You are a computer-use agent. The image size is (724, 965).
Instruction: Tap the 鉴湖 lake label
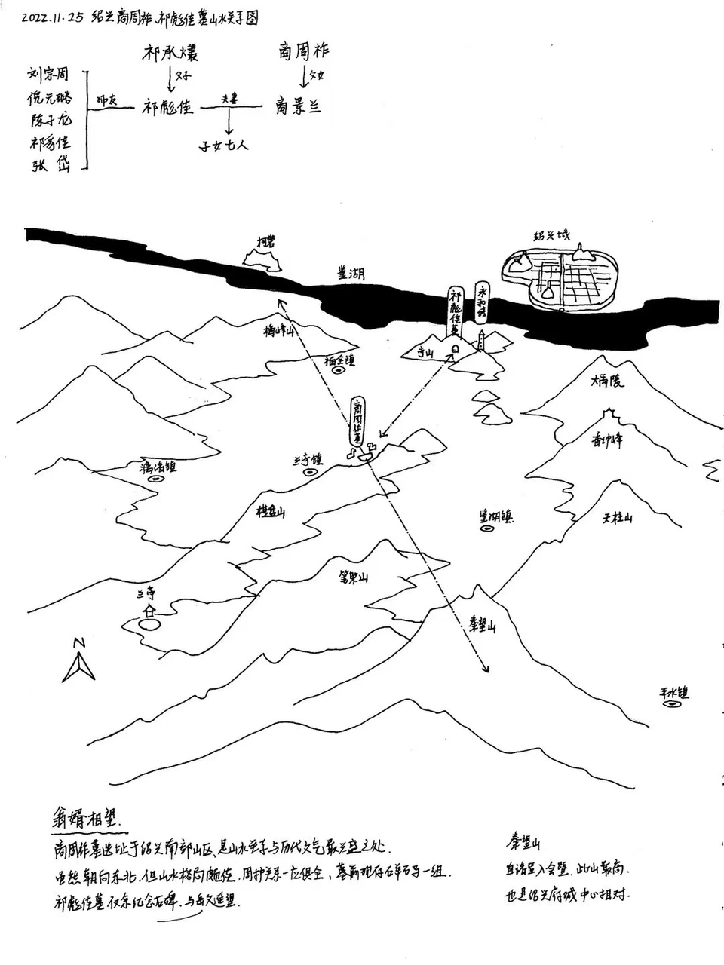click(x=351, y=274)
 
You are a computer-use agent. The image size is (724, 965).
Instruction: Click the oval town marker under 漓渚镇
click(x=157, y=478)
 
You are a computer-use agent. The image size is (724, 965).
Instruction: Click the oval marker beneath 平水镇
click(x=673, y=704)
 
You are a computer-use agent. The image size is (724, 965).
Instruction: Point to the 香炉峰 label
click(x=607, y=442)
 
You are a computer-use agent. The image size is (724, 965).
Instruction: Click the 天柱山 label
click(x=618, y=517)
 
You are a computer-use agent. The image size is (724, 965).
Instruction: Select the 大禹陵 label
click(x=608, y=381)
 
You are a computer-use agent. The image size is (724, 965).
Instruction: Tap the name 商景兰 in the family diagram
click(x=298, y=106)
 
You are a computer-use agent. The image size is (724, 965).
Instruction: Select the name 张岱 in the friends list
click(x=50, y=166)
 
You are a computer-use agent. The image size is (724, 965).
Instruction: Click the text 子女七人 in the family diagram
click(x=224, y=144)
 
